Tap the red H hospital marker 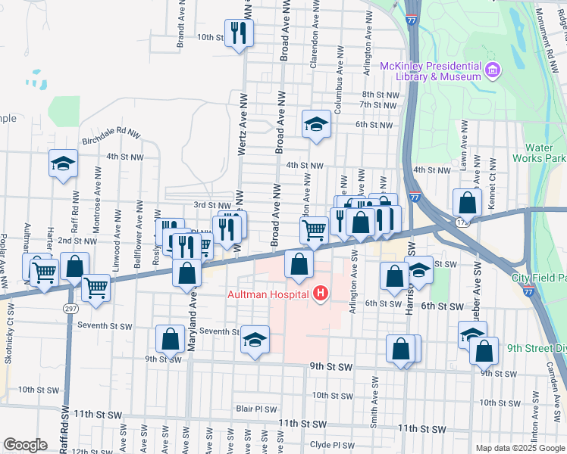(321, 293)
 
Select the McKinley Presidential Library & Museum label (432, 71)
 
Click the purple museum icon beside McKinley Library (493, 71)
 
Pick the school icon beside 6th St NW (315, 124)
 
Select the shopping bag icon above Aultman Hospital (299, 264)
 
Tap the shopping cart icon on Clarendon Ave (314, 229)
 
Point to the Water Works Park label (545, 153)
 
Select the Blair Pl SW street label (254, 407)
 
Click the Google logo (26, 445)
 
